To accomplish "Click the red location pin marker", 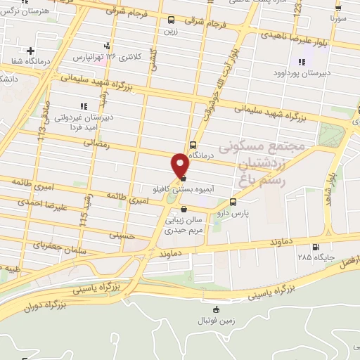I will click(x=181, y=164).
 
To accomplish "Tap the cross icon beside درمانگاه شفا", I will click(x=30, y=51).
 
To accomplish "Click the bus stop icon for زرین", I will click(x=172, y=20).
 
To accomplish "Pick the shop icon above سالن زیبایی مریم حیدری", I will click(x=184, y=209).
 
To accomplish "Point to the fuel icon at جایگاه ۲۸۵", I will click(x=314, y=246).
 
